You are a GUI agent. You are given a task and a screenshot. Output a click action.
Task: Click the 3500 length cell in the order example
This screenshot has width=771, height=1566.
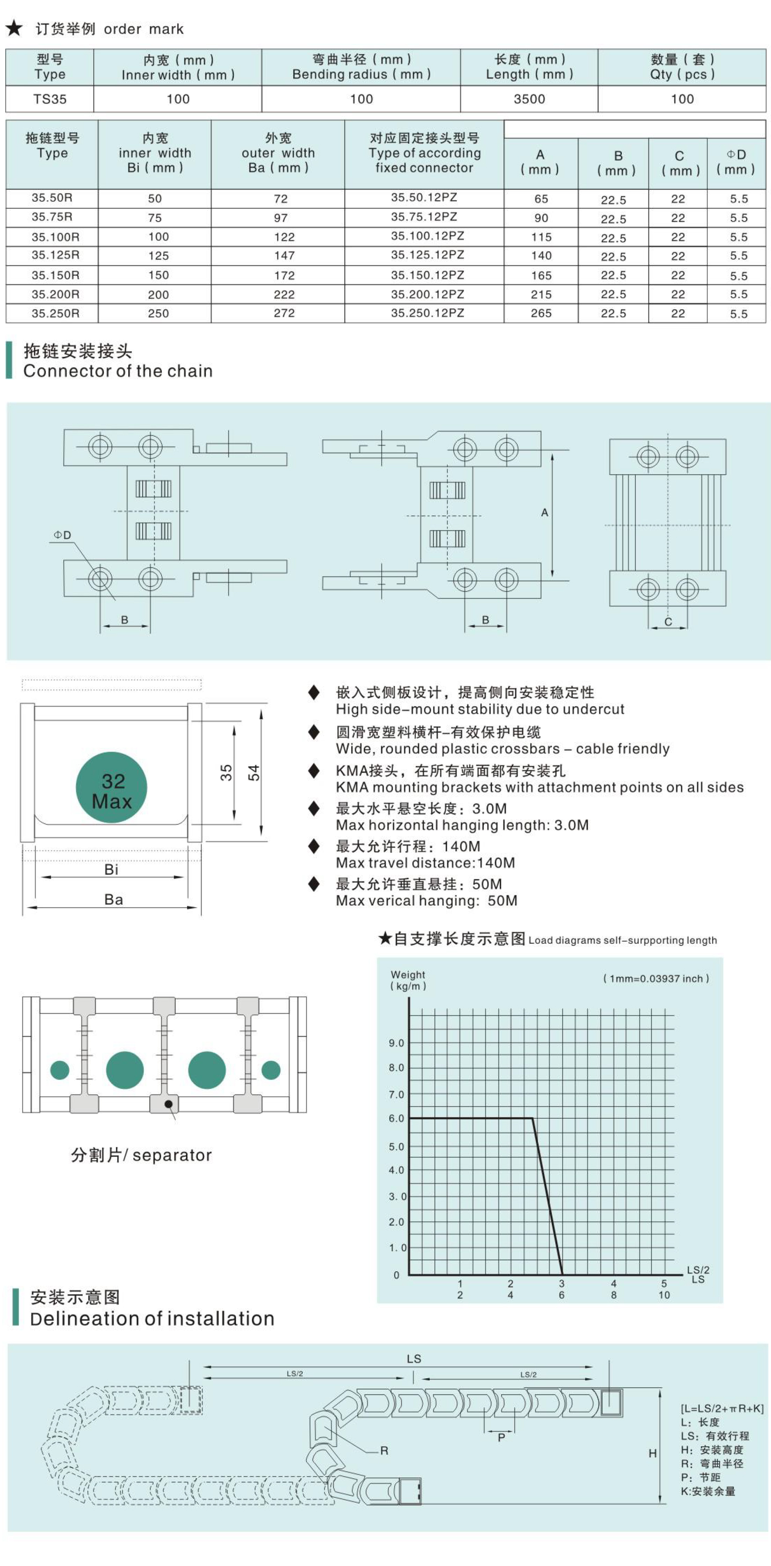click(x=529, y=99)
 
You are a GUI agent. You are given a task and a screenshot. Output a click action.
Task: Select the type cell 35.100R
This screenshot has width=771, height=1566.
click(x=55, y=237)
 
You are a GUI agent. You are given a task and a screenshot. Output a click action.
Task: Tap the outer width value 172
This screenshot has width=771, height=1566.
click(x=284, y=275)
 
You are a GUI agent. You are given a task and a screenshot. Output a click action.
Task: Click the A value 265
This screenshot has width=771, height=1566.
click(x=541, y=313)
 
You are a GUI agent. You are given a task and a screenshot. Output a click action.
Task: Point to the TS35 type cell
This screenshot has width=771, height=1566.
click(x=50, y=99)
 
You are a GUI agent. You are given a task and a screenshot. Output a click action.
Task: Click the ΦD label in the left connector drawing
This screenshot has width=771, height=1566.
click(x=62, y=535)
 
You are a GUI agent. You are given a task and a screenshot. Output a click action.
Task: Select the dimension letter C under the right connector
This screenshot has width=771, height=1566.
click(x=668, y=621)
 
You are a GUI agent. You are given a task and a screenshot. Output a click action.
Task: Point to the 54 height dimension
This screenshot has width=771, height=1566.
click(x=254, y=773)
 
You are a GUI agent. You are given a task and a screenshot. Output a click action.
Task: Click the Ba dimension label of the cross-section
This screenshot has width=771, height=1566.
click(x=114, y=900)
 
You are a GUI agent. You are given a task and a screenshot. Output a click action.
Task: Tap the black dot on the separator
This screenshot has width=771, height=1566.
click(x=168, y=1104)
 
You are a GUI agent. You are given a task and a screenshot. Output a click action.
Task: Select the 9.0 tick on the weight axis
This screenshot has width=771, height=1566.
click(x=397, y=1043)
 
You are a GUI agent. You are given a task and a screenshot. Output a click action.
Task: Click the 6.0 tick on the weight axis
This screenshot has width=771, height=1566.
click(x=397, y=1119)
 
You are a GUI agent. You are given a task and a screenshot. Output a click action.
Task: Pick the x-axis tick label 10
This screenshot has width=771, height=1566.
click(x=664, y=1295)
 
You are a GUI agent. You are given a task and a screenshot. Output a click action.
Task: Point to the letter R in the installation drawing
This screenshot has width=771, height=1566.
click(x=384, y=1450)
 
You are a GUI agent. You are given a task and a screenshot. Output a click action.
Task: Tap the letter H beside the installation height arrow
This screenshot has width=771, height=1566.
click(x=652, y=1453)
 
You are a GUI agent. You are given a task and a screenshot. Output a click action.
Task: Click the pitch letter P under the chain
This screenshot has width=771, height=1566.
click(x=501, y=1437)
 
